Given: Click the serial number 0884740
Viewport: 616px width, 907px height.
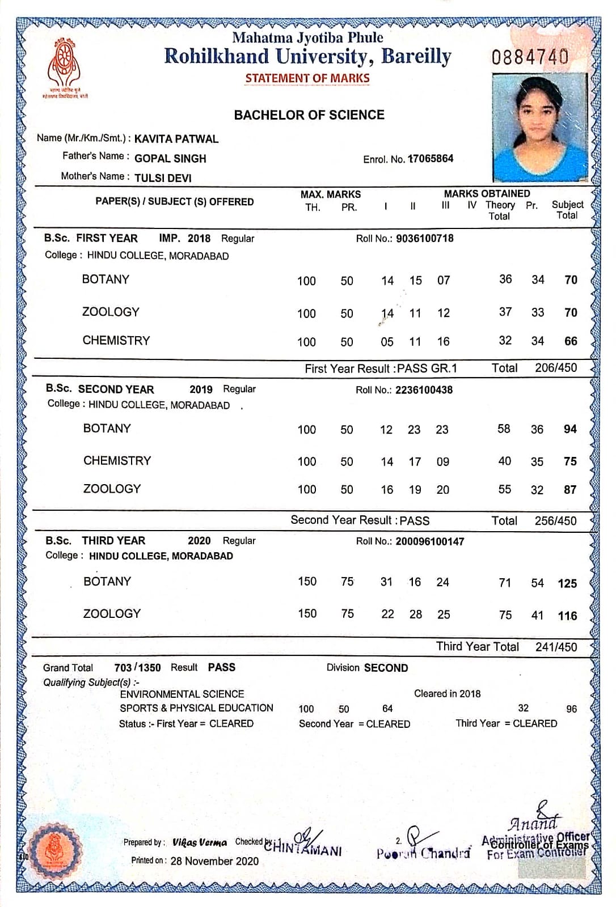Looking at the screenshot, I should (530, 57).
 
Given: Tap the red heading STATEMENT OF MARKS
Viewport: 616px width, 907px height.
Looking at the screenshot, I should (307, 78).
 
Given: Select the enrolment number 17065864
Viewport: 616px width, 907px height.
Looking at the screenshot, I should (431, 159).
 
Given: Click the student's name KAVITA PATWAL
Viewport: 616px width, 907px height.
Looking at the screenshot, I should (176, 139).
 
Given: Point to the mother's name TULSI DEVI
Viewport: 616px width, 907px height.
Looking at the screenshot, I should (163, 178).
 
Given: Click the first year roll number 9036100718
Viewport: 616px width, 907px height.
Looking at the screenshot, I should (424, 239).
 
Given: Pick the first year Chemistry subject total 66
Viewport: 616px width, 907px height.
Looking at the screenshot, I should (571, 341).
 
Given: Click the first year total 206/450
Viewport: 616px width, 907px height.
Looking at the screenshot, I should (555, 368).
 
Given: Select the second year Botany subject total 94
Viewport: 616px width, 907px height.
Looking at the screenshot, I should (570, 429).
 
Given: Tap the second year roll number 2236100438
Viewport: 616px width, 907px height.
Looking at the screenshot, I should (424, 390).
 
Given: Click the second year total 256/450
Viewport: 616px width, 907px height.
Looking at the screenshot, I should (555, 521).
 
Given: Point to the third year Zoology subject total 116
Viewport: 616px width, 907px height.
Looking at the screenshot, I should (567, 616).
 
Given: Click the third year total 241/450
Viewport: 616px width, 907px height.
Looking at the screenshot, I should (556, 647).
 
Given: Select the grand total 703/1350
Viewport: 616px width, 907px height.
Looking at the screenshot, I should (137, 668).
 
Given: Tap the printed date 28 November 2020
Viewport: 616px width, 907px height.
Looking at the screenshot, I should (214, 861).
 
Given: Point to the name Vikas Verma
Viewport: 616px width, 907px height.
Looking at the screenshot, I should (200, 842).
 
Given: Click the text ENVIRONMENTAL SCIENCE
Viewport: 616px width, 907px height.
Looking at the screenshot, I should (182, 694).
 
